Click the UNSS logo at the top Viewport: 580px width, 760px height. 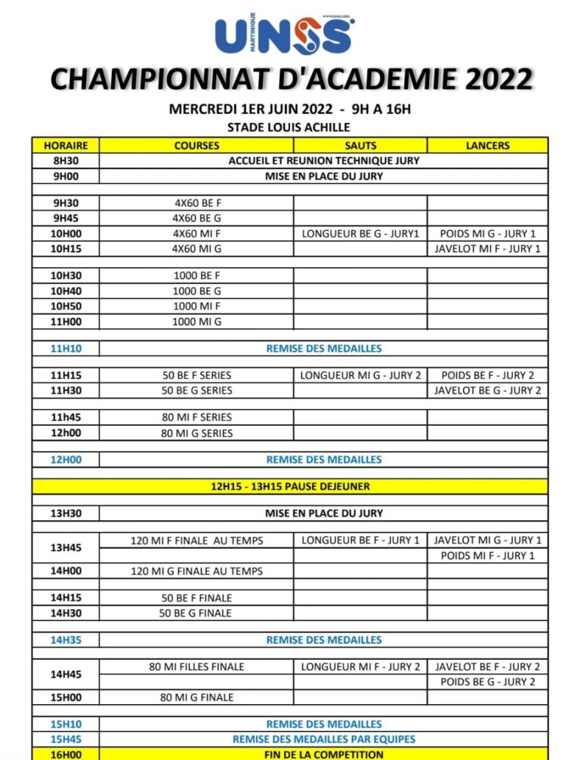coord(284,34)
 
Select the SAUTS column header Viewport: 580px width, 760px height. coord(360,146)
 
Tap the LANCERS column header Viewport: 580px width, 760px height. coord(488,146)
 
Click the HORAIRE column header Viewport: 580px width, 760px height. coord(66,146)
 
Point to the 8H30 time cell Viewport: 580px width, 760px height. coord(66,161)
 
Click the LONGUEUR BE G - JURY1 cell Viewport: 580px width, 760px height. coord(360,234)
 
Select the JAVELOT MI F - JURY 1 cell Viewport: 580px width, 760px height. coord(488,249)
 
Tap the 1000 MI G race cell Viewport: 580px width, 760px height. coord(196,322)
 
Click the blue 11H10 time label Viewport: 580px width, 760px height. coord(66,349)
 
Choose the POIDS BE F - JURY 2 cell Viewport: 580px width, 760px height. coord(488,375)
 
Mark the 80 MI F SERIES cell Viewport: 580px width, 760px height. coord(196,417)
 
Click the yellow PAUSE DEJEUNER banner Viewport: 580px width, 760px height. coord(290,486)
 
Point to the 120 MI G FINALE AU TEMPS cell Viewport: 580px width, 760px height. coord(196,571)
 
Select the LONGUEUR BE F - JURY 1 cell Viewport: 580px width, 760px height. coord(360,540)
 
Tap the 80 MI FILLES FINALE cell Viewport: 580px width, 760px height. coord(196,667)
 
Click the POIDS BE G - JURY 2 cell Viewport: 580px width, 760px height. coord(488,682)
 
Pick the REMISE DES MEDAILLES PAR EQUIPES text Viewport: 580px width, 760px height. coord(323,740)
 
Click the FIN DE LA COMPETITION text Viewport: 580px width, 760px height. coord(323,754)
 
